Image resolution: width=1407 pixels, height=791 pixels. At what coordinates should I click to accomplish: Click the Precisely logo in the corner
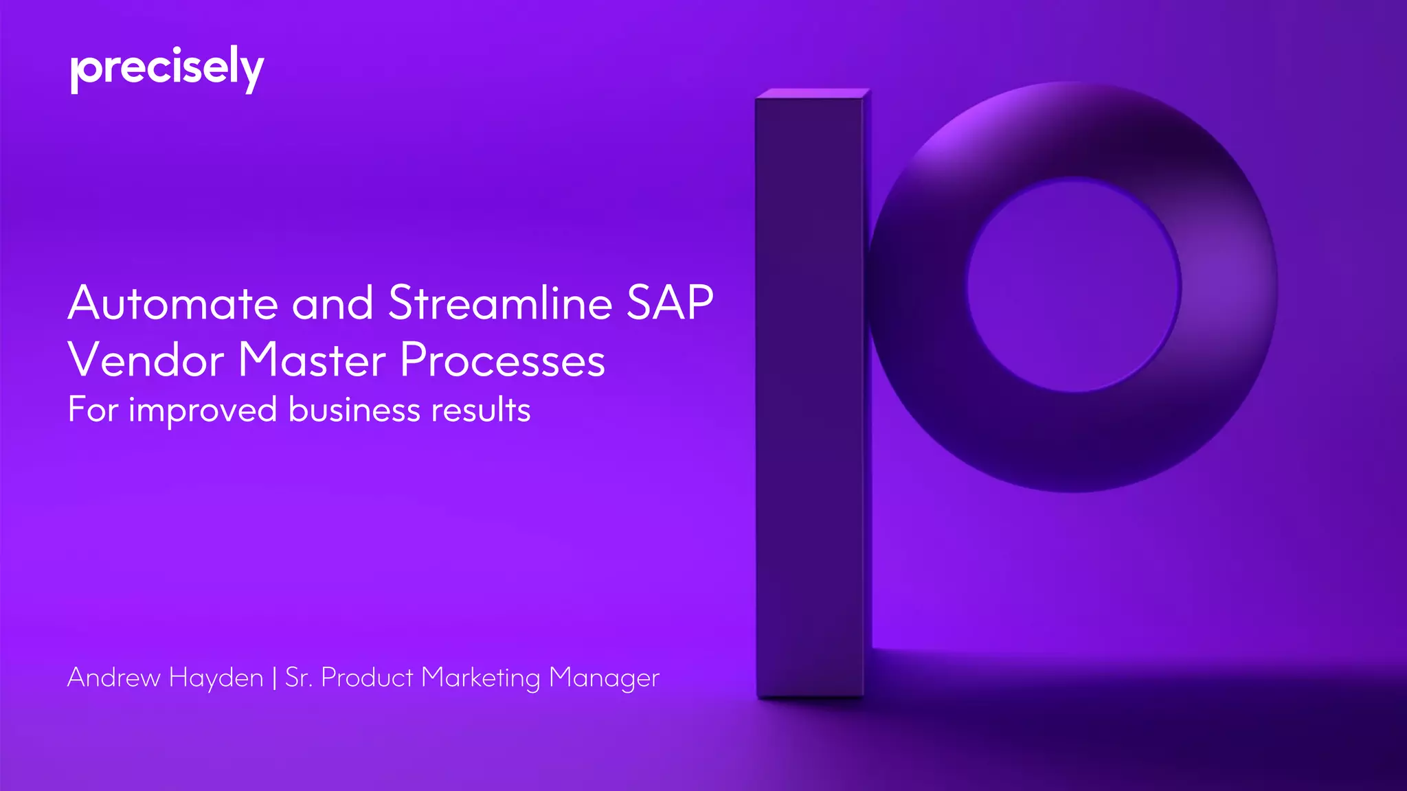167,69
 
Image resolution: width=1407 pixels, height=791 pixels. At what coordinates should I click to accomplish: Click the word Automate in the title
172,303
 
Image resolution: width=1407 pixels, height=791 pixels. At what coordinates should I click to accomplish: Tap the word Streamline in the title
500,303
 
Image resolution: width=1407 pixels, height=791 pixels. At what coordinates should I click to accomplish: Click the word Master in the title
312,360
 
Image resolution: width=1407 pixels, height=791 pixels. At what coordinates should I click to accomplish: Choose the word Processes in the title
502,360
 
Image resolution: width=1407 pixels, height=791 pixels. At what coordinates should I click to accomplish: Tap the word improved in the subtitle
203,411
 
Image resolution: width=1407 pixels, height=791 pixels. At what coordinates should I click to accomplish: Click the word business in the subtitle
354,410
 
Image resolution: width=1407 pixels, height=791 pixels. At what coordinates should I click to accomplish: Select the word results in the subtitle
481,410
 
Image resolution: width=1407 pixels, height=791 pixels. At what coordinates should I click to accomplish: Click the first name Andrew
113,678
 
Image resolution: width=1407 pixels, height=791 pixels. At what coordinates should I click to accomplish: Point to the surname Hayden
216,679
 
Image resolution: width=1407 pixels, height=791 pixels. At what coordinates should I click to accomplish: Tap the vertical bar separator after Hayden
275,678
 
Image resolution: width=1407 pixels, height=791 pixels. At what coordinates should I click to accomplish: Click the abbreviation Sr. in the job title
298,678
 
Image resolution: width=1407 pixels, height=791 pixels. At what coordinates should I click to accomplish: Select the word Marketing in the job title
481,679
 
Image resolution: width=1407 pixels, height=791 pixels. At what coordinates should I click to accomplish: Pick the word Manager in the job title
604,679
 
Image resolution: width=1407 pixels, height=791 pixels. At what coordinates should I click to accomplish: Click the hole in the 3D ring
1074,285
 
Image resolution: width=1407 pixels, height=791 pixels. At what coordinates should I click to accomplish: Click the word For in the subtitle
93,410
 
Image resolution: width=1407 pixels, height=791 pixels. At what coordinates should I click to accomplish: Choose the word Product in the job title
367,678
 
